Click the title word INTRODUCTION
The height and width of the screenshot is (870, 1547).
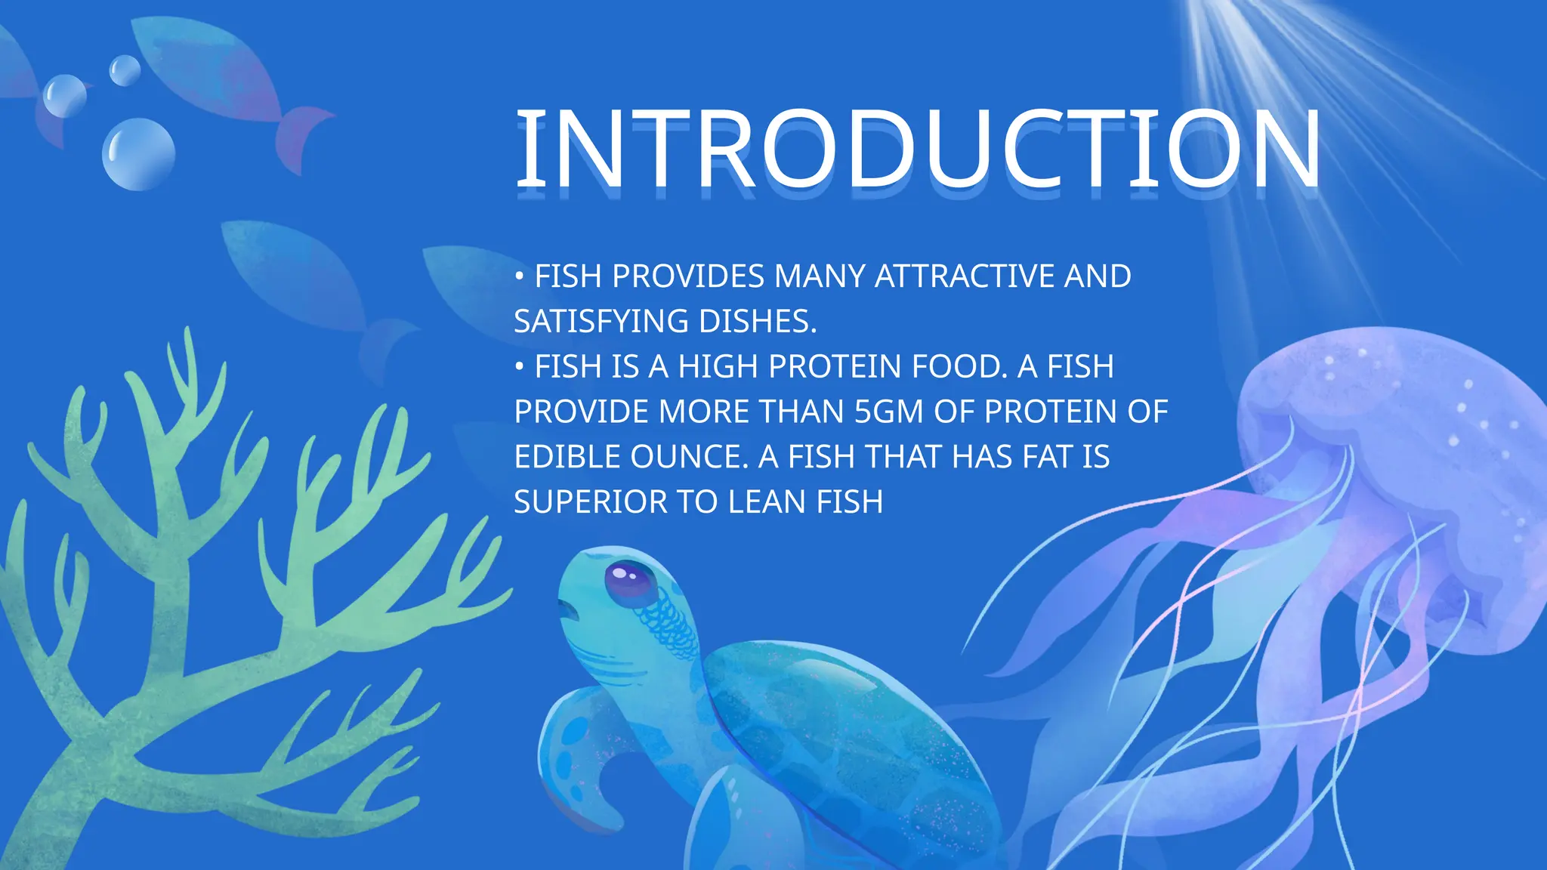(917, 149)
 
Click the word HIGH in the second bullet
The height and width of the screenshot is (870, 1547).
(718, 367)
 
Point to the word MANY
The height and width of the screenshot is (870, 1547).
(820, 276)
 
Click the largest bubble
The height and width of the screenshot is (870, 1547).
(138, 153)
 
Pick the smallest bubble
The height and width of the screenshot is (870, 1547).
(125, 70)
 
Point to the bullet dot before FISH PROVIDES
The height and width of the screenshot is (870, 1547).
(519, 277)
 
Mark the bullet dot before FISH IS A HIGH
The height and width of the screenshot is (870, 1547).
(519, 368)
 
